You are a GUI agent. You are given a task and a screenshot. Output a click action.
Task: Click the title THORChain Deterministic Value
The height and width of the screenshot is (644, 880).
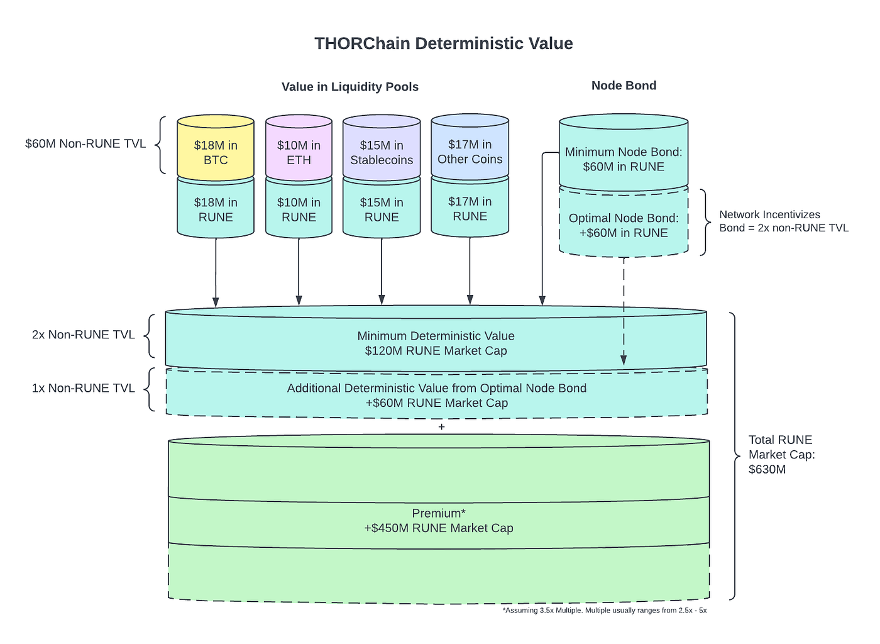click(443, 43)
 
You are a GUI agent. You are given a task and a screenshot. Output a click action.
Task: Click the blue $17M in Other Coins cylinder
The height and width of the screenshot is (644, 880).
click(470, 152)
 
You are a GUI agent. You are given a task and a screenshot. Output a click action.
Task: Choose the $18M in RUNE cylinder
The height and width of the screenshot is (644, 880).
click(216, 209)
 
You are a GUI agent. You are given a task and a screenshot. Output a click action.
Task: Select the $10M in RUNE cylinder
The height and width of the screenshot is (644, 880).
click(299, 209)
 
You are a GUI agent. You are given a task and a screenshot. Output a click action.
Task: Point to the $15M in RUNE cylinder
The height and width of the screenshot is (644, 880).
click(382, 209)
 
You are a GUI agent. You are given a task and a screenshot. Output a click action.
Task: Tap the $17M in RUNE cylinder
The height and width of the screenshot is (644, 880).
click(470, 209)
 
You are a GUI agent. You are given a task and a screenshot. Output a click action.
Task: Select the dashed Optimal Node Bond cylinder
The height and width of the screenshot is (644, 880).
click(624, 225)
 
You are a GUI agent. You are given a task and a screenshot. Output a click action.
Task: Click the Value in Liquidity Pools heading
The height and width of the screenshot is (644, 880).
click(350, 87)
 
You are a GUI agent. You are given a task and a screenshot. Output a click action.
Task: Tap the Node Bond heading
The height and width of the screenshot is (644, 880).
click(624, 86)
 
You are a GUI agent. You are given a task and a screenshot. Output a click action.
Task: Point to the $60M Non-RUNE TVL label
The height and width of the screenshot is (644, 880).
click(85, 143)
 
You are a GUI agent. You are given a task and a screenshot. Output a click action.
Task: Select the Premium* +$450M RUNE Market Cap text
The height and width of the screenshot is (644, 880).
click(439, 521)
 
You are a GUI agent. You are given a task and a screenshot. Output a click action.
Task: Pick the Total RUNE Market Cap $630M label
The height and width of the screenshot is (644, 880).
click(781, 454)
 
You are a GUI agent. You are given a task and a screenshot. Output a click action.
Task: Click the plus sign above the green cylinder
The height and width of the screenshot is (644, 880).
click(441, 427)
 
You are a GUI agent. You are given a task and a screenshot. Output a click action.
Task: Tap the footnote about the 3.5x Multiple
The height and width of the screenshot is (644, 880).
click(604, 610)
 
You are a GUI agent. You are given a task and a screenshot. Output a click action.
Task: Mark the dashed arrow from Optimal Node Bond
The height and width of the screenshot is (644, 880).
click(624, 308)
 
